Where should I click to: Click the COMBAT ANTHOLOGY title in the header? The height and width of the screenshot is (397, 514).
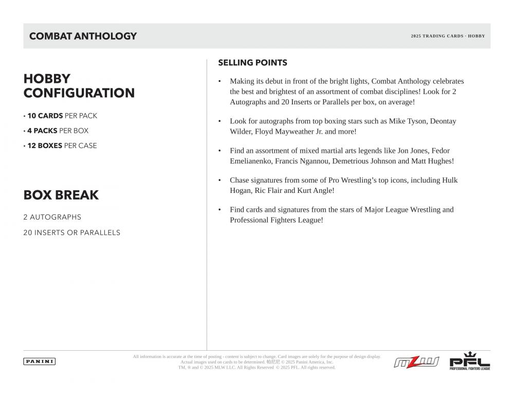tap(83, 36)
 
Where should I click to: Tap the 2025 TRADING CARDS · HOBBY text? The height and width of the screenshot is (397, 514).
tap(448, 36)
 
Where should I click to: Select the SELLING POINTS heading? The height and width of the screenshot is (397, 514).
tap(252, 63)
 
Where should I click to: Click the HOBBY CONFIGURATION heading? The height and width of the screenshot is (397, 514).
tap(79, 86)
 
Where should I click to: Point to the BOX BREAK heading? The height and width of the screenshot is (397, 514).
tap(61, 195)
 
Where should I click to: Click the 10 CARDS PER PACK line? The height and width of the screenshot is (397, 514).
tap(60, 116)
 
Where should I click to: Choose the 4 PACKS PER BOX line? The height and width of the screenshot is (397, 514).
tap(56, 131)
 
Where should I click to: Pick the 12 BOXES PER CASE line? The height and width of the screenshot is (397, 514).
tap(60, 146)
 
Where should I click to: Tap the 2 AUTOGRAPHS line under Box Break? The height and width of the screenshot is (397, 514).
tap(52, 217)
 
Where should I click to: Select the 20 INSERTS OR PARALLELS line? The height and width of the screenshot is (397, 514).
tap(71, 232)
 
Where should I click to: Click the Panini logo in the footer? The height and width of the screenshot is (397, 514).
tap(40, 362)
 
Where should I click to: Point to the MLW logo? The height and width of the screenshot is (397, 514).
tap(416, 362)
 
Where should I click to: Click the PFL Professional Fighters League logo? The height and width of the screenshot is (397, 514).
tap(470, 362)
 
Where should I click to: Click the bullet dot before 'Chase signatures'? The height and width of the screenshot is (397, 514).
tap(220, 181)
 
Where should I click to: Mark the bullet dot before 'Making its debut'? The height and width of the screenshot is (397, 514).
tap(220, 81)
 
